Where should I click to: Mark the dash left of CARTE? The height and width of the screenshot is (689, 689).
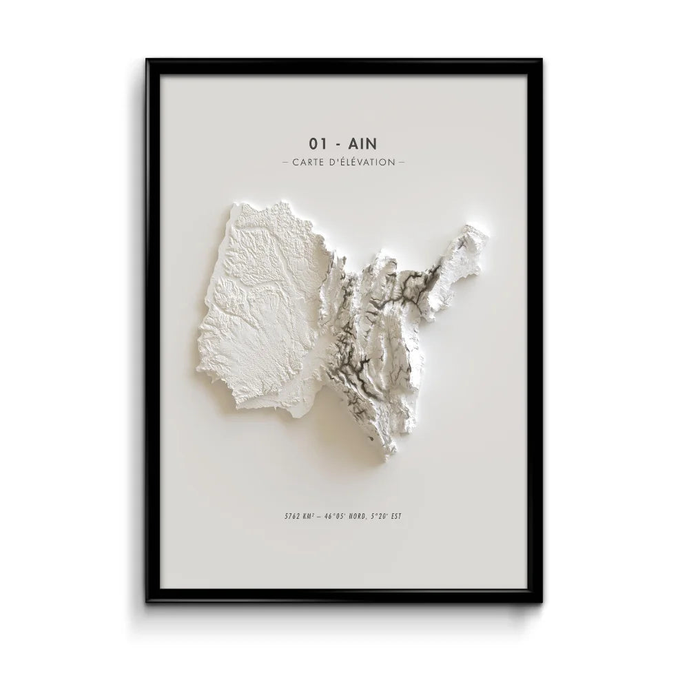[286, 163]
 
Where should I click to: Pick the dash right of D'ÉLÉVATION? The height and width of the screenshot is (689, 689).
[402, 163]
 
